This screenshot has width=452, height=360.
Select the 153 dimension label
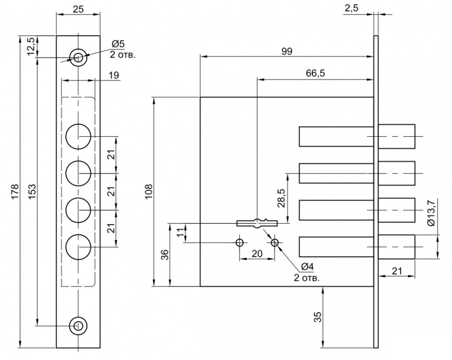[x=32, y=191]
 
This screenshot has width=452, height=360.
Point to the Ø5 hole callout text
[x=118, y=44]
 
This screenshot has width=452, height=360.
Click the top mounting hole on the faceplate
[x=78, y=57]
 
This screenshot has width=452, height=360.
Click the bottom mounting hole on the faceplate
[x=78, y=326]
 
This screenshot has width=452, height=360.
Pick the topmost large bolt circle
[x=78, y=137]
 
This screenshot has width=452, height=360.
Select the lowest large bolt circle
[x=78, y=247]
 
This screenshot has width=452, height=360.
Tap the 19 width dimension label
[x=114, y=75]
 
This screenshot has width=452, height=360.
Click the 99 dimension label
[x=287, y=52]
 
